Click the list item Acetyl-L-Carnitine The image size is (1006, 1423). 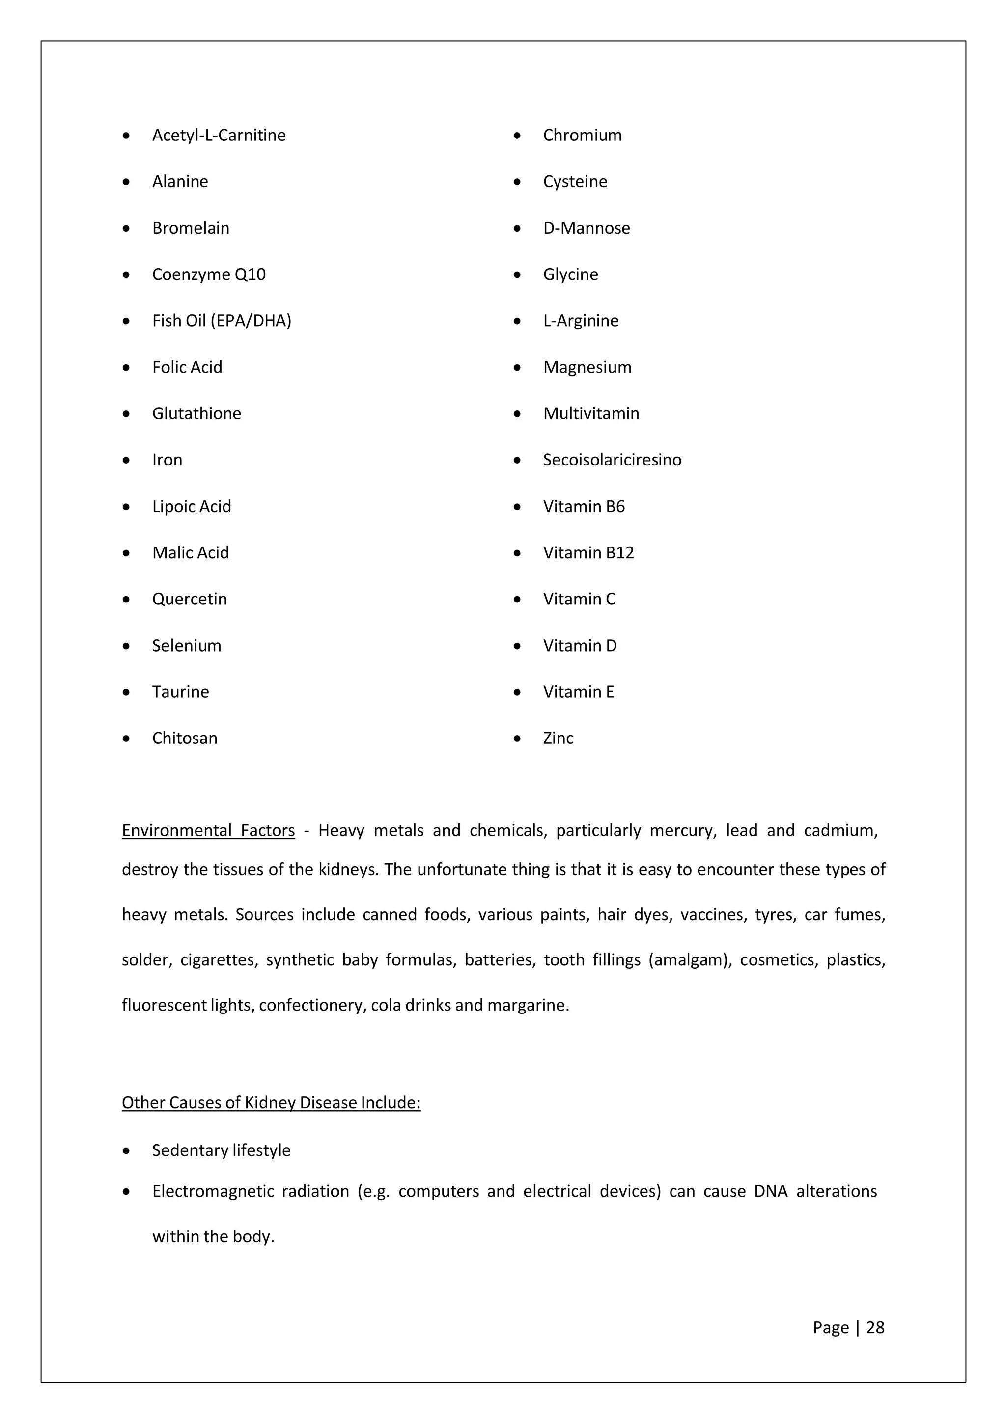point(219,135)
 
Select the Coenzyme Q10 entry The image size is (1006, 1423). point(209,274)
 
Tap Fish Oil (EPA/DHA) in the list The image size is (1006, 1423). point(221,321)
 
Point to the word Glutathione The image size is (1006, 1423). point(196,413)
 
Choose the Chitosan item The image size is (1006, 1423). point(185,738)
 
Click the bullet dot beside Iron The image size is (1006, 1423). point(126,461)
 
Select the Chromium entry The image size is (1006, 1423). point(582,135)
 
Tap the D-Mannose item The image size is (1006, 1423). point(587,228)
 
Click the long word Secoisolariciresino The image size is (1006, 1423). point(612,460)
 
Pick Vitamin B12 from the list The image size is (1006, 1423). point(588,552)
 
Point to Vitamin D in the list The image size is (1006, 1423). point(580,645)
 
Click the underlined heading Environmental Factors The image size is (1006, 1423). point(208,830)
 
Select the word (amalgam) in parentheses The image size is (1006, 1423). point(690,960)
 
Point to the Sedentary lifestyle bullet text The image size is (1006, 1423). point(221,1150)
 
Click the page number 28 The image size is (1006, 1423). point(874,1328)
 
